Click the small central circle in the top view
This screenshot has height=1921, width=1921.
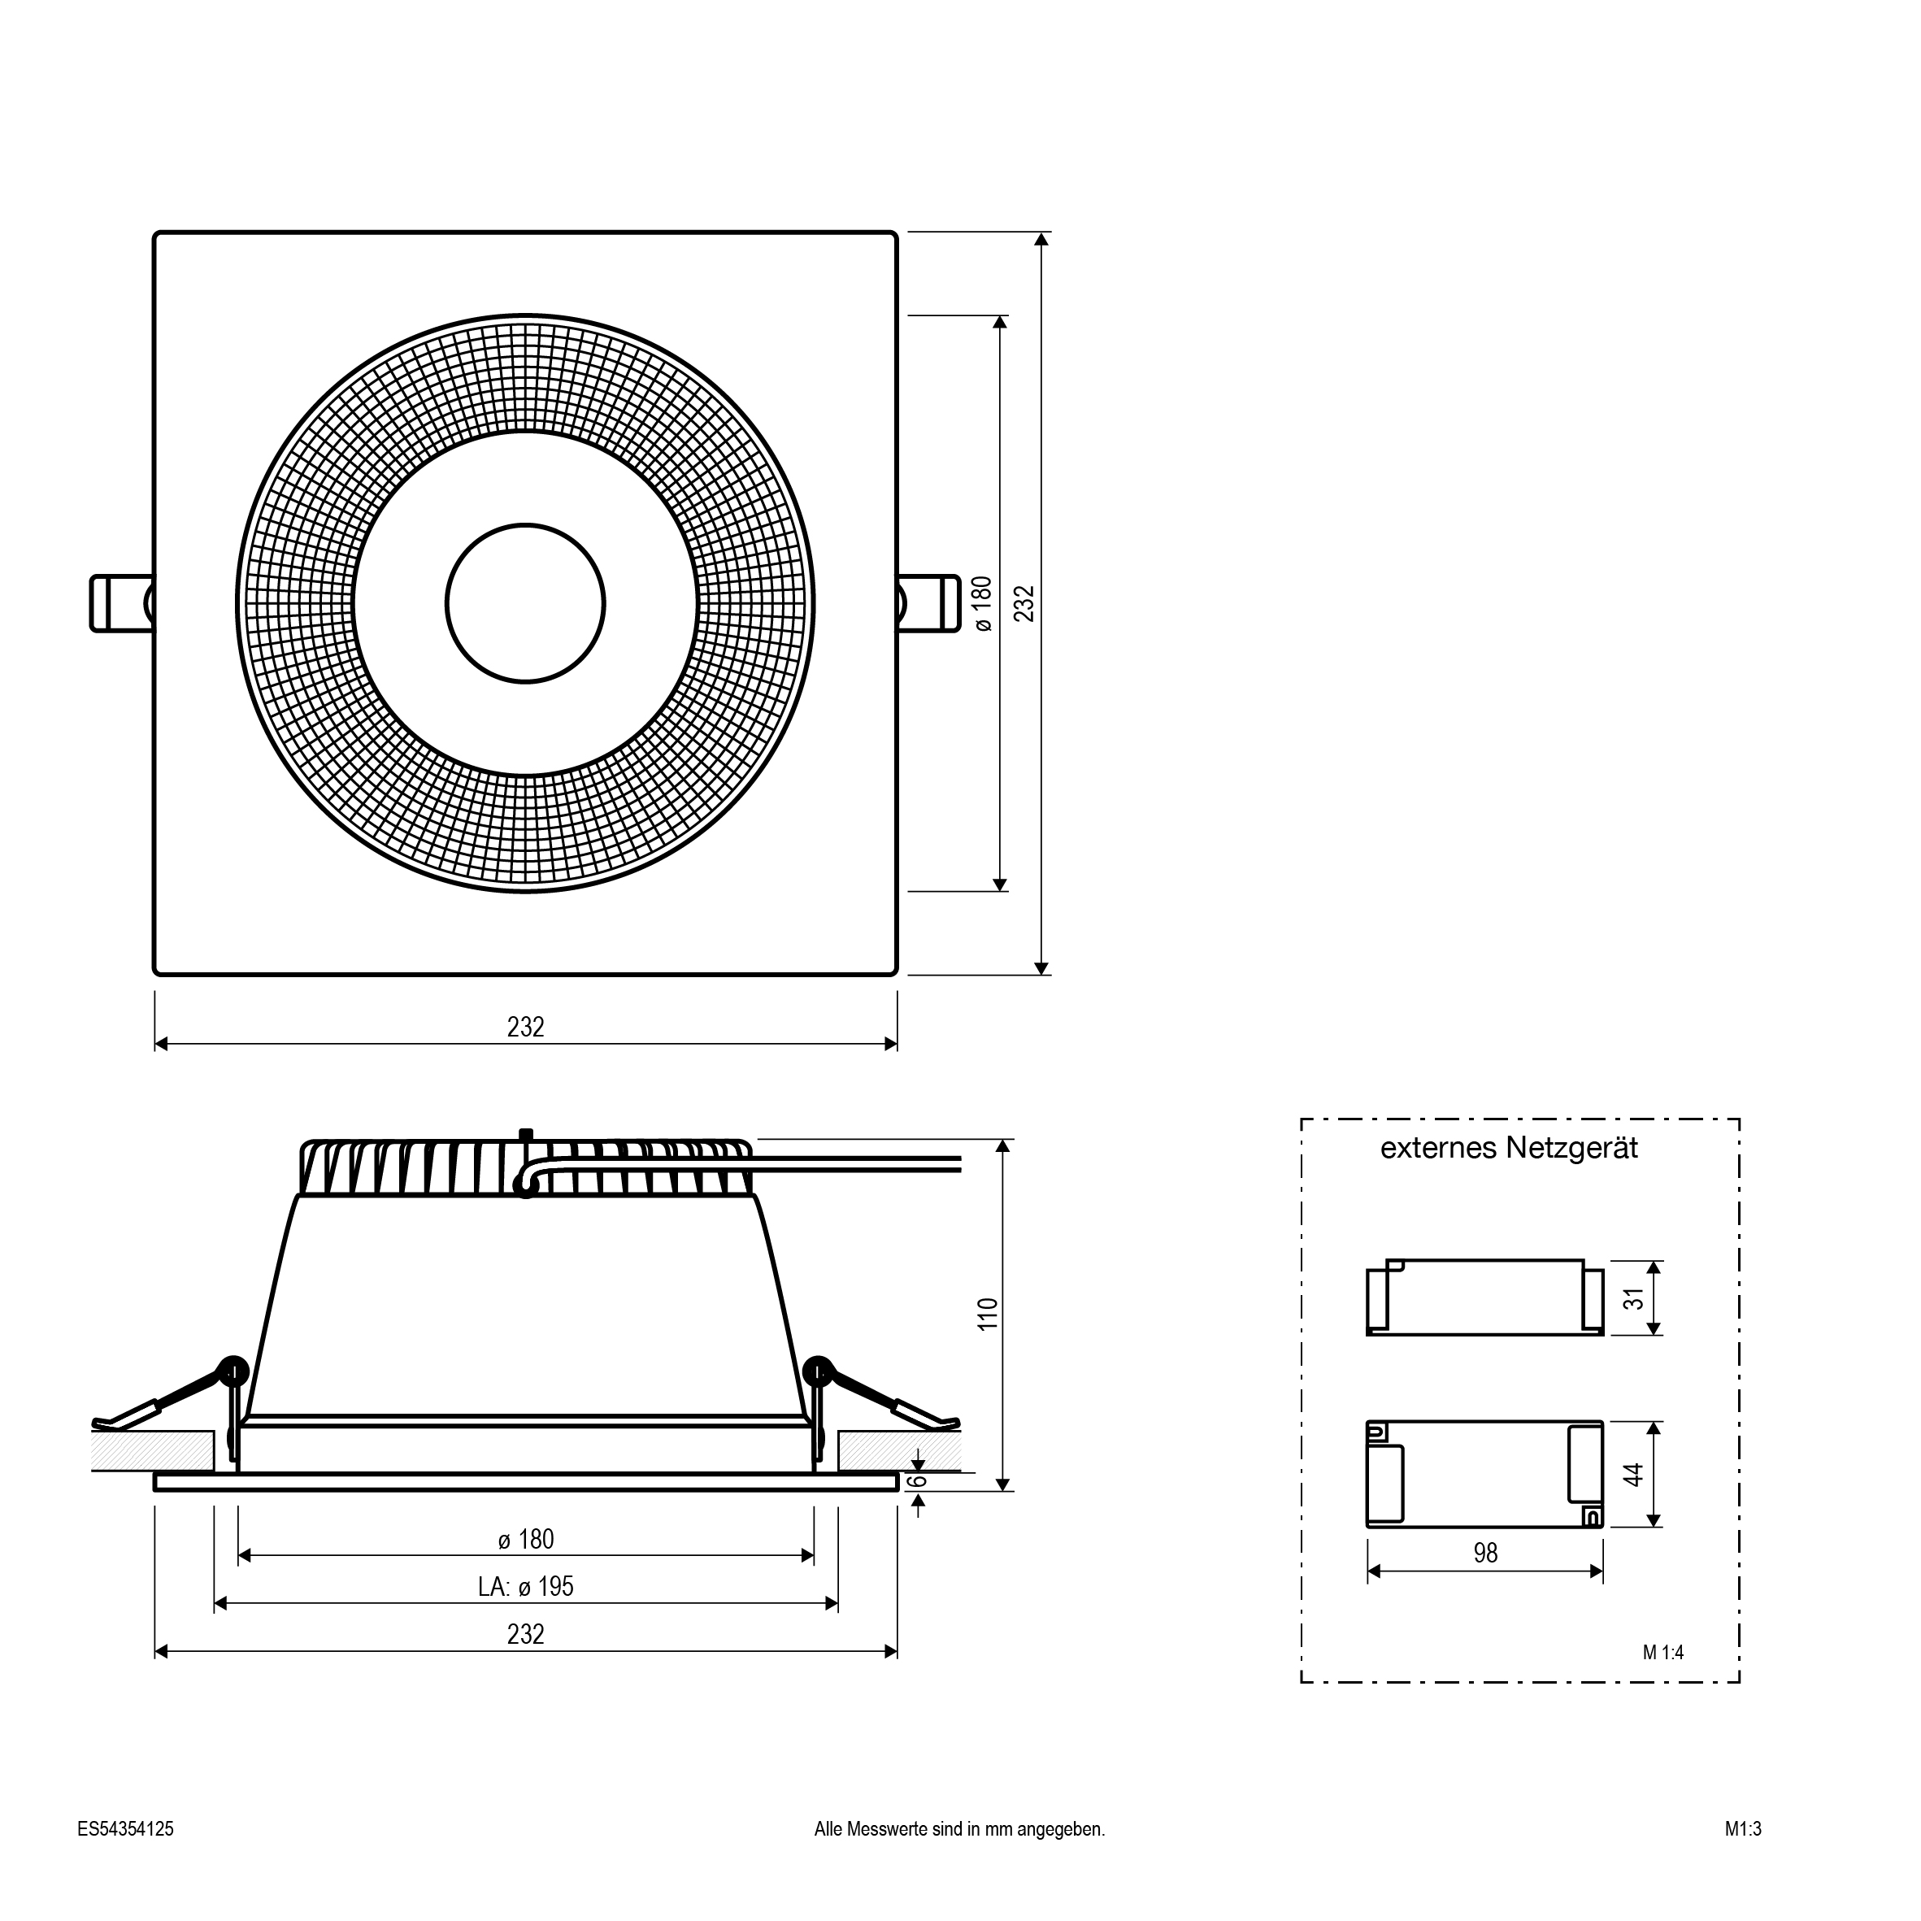[x=525, y=603]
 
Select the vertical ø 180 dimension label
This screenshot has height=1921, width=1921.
[x=982, y=603]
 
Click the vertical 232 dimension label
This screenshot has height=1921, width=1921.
[x=1024, y=603]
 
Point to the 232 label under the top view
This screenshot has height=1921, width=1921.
[x=526, y=1026]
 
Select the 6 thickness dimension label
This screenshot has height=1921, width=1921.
[x=919, y=1480]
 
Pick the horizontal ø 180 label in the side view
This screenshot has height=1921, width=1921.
[x=526, y=1539]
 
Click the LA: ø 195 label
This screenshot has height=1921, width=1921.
[x=526, y=1586]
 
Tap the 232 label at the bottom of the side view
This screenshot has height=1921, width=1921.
[x=526, y=1635]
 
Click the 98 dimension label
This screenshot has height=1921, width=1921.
[x=1485, y=1553]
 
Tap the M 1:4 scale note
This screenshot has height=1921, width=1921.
[x=1663, y=1653]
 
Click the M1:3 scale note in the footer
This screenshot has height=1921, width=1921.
[x=1743, y=1828]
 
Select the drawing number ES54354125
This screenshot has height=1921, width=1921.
[x=125, y=1828]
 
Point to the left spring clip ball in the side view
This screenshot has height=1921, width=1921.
[x=233, y=1370]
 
